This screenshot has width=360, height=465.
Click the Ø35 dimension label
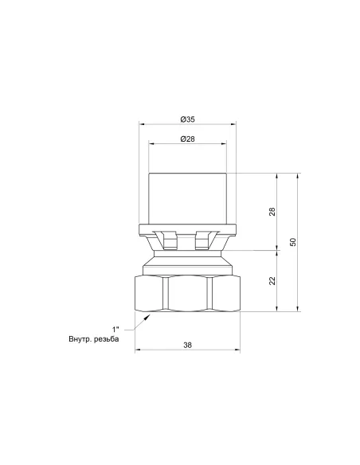click(187, 119)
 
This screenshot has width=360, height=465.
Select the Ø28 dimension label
click(187, 139)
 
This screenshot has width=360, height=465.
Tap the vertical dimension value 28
click(272, 212)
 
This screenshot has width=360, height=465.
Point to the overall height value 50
click(293, 242)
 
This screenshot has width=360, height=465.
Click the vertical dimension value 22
click(272, 280)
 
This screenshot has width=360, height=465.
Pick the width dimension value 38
click(187, 345)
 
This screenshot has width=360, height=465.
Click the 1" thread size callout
click(115, 329)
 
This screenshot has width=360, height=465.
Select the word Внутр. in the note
click(80, 338)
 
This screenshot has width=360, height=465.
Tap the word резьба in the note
click(106, 339)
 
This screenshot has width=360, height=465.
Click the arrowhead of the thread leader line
click(147, 318)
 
